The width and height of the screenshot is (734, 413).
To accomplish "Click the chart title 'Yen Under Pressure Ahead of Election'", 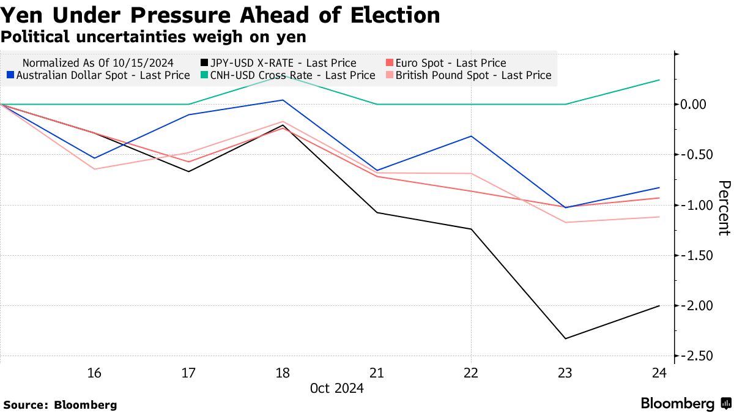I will pos(220,15).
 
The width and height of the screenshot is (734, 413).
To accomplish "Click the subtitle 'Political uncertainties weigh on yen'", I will pos(153,37).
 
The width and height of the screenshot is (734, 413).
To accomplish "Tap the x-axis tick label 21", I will pos(376,373).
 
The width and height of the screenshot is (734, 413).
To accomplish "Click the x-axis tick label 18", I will pos(283,373).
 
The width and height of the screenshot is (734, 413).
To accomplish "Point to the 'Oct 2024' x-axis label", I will pos(336,389).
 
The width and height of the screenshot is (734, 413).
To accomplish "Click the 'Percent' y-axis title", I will pos(724,208).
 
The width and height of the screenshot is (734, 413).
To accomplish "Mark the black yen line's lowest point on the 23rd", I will pos(565,338).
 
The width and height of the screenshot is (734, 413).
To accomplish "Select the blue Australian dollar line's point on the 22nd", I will pos(471,136).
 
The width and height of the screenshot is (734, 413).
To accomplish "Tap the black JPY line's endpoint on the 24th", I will pos(659,305).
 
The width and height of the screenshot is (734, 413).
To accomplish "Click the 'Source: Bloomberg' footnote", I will pos(60,404).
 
